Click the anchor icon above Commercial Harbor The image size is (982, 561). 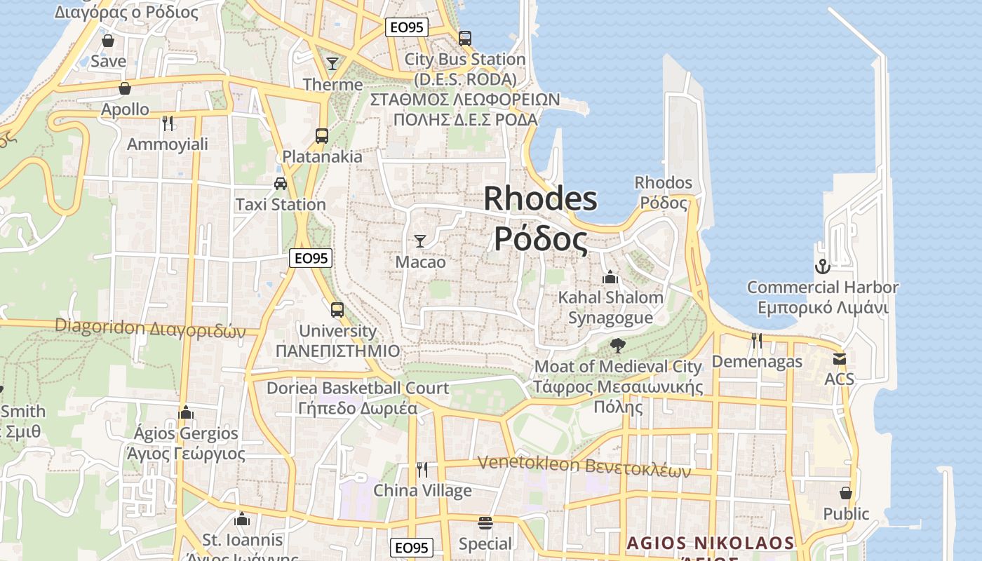tap(822, 266)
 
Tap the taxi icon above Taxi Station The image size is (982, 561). tap(281, 184)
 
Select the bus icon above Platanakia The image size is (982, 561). tap(322, 136)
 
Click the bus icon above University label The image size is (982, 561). tap(337, 309)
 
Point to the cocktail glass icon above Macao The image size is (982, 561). tap(420, 241)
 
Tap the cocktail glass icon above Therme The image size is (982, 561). tap(332, 64)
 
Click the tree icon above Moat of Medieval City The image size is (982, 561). tap(618, 345)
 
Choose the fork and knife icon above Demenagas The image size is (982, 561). tap(757, 341)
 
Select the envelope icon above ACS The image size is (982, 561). tap(840, 359)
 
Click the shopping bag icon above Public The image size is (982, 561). tap(846, 493)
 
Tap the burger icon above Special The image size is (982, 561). tap(485, 523)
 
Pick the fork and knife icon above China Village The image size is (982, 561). tap(422, 469)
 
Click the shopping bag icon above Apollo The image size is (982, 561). tap(125, 88)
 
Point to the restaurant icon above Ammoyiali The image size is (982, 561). tap(168, 123)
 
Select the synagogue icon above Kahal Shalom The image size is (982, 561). tap(610, 277)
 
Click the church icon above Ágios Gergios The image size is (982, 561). tap(186, 412)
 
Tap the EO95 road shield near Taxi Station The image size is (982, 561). tap(311, 258)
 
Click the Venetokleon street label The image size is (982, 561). tap(584, 466)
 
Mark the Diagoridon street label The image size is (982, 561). tap(150, 328)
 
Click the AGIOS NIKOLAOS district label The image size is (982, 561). tap(710, 543)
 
